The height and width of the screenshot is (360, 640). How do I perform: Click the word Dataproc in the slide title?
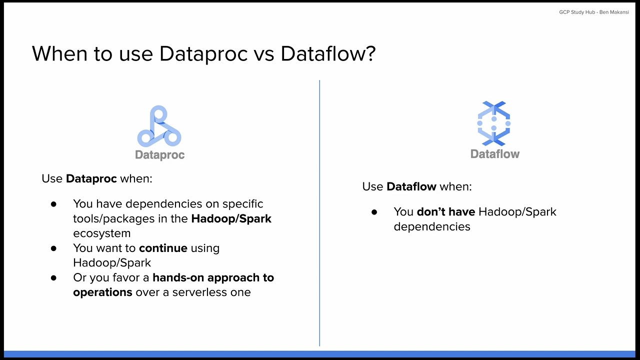203,53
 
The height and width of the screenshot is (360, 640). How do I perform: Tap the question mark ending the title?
370,53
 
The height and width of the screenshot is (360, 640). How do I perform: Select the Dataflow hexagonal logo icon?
494,123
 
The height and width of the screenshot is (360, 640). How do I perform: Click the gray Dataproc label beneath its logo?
159,155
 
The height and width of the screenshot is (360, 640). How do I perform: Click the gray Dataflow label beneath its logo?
494,154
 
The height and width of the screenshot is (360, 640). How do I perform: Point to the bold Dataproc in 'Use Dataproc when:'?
91,178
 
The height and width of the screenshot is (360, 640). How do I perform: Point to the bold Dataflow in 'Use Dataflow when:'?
411,186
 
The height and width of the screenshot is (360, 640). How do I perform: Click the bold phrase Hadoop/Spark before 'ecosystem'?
231,218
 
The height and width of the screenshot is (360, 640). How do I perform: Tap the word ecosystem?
101,233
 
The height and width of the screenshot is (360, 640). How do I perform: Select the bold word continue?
163,248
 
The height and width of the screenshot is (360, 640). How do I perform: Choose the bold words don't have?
445,211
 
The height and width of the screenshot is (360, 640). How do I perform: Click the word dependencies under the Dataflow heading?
431,226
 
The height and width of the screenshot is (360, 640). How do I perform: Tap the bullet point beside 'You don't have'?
374,212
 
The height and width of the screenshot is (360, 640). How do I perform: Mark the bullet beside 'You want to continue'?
53,248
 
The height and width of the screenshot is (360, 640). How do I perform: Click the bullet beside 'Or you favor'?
53,278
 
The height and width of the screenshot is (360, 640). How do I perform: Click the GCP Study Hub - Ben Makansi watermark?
593,12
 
